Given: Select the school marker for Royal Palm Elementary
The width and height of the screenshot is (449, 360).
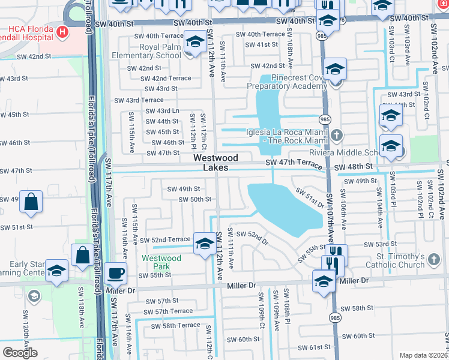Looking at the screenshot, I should pos(194,43).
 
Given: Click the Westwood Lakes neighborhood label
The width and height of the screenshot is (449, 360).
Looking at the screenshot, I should pos(215,163).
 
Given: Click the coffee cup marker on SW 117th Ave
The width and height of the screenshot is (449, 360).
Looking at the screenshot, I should pos(116,274).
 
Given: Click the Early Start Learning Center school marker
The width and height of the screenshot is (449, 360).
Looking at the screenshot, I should pos(56,271).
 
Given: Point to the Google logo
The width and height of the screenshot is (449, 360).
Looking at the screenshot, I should pos(20,352).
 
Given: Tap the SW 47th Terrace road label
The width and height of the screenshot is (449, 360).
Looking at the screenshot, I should pos(298,163).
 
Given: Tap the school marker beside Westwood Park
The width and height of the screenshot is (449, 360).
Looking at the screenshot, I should pos(204,244).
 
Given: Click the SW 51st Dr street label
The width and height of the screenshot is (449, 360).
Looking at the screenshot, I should pos(309,197).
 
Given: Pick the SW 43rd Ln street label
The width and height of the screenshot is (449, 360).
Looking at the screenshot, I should pos(163,111).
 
